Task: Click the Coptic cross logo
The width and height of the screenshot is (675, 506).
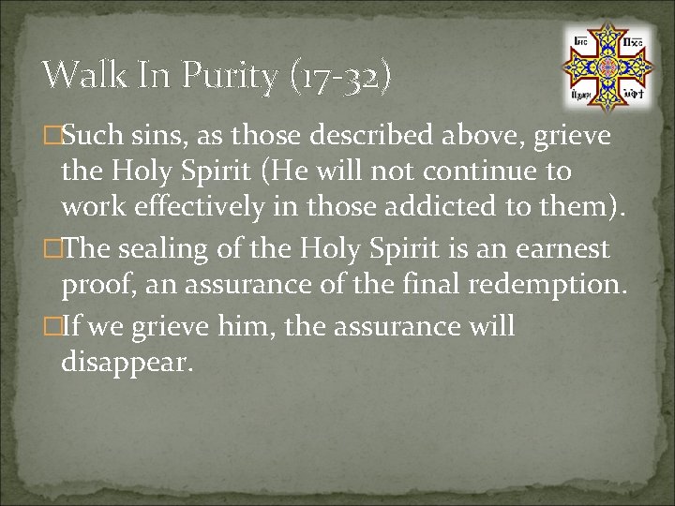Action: click(x=607, y=67)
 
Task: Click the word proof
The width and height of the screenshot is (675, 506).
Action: click(x=93, y=285)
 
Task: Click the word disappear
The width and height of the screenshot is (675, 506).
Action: click(x=127, y=362)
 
